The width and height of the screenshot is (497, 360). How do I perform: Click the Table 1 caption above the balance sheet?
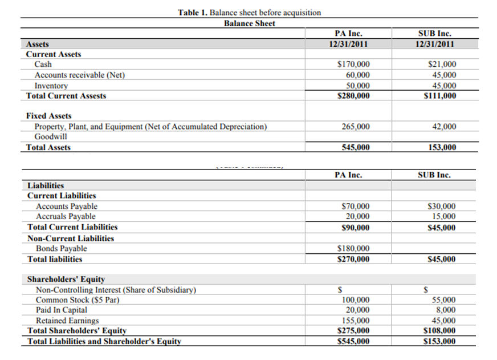click(249, 13)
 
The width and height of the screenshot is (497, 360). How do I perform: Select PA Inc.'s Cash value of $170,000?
click(354, 65)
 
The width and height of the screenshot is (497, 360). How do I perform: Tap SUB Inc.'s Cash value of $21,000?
click(442, 65)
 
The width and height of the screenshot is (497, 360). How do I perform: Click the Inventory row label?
click(51, 86)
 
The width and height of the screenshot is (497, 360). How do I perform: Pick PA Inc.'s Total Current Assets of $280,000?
click(354, 96)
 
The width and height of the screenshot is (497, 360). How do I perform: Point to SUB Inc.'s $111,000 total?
click(441, 96)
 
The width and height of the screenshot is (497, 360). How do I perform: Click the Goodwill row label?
click(50, 137)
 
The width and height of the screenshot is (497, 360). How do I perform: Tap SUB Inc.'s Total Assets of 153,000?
click(442, 148)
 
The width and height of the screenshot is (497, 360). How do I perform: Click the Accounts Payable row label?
click(67, 207)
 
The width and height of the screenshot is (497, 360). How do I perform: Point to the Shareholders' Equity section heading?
click(66, 280)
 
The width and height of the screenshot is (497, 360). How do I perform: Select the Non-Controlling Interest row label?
click(116, 290)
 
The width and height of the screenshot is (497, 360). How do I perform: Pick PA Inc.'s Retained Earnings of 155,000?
click(356, 321)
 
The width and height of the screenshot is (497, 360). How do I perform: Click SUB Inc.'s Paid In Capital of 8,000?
click(446, 310)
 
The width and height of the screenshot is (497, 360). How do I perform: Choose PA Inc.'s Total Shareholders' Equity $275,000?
click(354, 331)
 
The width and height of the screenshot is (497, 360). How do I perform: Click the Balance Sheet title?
click(249, 23)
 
